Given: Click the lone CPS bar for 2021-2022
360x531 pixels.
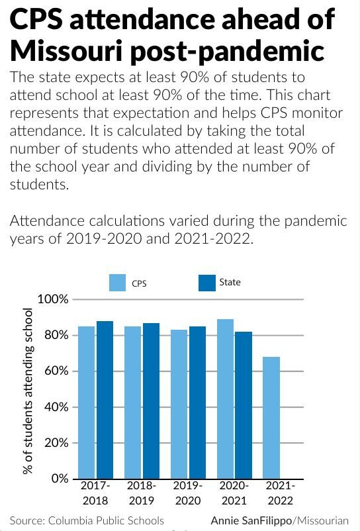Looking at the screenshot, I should point(271,417).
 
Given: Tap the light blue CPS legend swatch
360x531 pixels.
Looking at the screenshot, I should point(117,283).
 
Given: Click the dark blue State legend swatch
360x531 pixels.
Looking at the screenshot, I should point(207,283).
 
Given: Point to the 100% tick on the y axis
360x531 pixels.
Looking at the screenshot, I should point(52,299).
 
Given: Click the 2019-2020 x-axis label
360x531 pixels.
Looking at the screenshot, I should point(188,493).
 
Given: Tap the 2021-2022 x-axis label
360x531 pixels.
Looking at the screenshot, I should point(280,493).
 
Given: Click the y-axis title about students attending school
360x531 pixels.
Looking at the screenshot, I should point(28,391).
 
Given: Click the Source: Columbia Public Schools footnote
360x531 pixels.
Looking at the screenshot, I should point(87,520).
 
